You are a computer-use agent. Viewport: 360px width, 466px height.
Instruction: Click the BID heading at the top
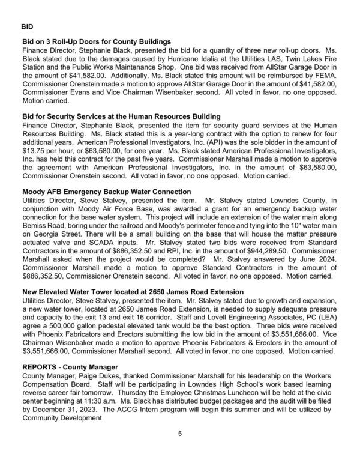pos(28,27)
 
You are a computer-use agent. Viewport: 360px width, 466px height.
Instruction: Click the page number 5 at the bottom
pos(179,433)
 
